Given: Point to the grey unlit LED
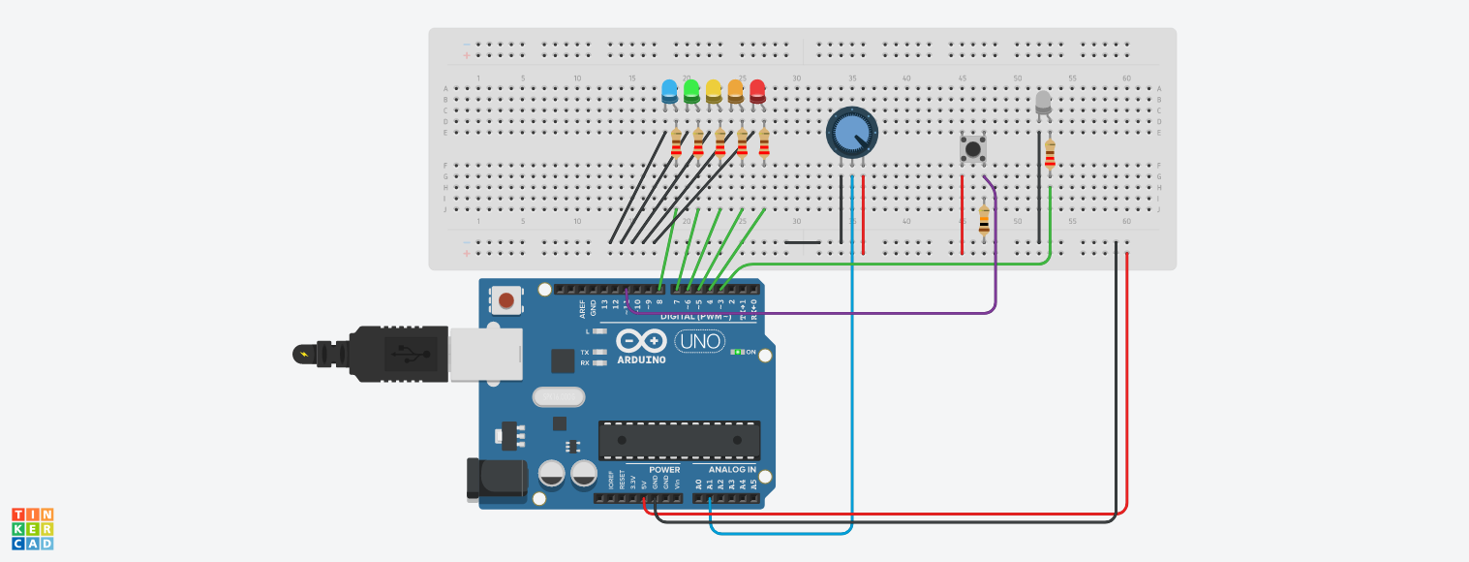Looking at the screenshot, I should (x=1043, y=102).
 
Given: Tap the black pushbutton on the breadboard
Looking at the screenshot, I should (x=973, y=149).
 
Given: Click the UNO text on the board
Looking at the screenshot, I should (x=699, y=341).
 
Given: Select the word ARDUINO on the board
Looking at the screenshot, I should (x=642, y=359).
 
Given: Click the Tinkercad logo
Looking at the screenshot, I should (x=32, y=528).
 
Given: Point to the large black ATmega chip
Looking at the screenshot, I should (x=679, y=440).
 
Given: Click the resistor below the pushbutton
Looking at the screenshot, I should (x=985, y=222).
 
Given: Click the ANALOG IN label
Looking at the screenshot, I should (x=738, y=470).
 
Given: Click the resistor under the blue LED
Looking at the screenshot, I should (x=676, y=144).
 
